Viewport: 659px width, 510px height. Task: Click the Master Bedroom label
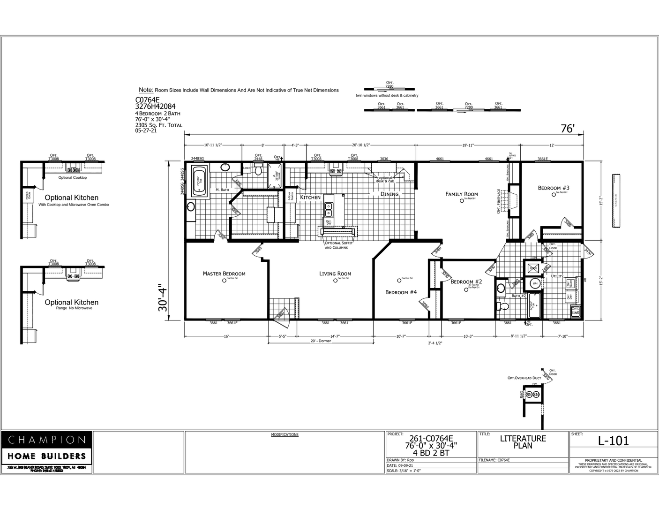pyautogui.click(x=224, y=274)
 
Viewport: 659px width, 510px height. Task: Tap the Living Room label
pyautogui.click(x=335, y=274)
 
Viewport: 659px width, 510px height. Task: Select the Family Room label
pyautogui.click(x=461, y=194)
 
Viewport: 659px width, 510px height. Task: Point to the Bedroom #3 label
pyautogui.click(x=553, y=188)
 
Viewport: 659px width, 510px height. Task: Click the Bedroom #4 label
pyautogui.click(x=401, y=292)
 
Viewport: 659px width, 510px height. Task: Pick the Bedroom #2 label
pyautogui.click(x=466, y=282)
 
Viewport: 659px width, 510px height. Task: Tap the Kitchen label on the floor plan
pyautogui.click(x=310, y=198)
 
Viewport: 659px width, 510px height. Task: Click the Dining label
pyautogui.click(x=389, y=194)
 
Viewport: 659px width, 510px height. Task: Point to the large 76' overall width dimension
pyautogui.click(x=567, y=129)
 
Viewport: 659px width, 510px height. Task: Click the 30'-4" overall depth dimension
pyautogui.click(x=163, y=297)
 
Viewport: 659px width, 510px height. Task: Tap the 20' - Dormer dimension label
pyautogui.click(x=321, y=341)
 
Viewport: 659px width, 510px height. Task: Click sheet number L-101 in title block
pyautogui.click(x=613, y=441)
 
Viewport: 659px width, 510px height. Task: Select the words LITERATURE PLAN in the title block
pyautogui.click(x=523, y=442)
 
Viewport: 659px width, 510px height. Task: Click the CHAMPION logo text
pyautogui.click(x=47, y=440)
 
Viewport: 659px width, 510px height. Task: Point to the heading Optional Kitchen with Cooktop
pyautogui.click(x=71, y=198)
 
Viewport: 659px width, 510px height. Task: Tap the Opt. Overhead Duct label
pyautogui.click(x=524, y=378)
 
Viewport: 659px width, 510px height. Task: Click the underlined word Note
pyautogui.click(x=146, y=90)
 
